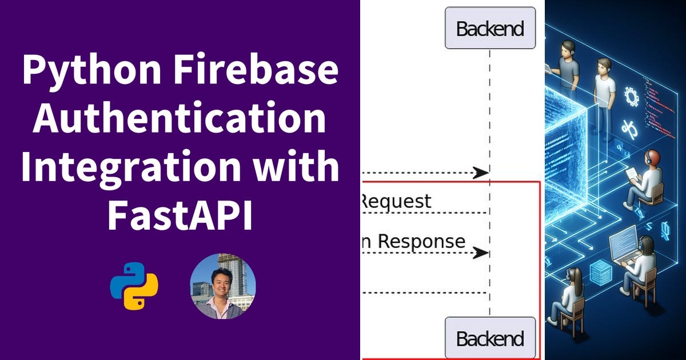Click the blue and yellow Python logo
click(134, 286)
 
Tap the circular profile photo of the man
click(222, 286)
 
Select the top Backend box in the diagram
click(490, 28)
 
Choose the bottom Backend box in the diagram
click(490, 338)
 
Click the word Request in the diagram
click(396, 201)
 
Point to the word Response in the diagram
click(422, 241)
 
